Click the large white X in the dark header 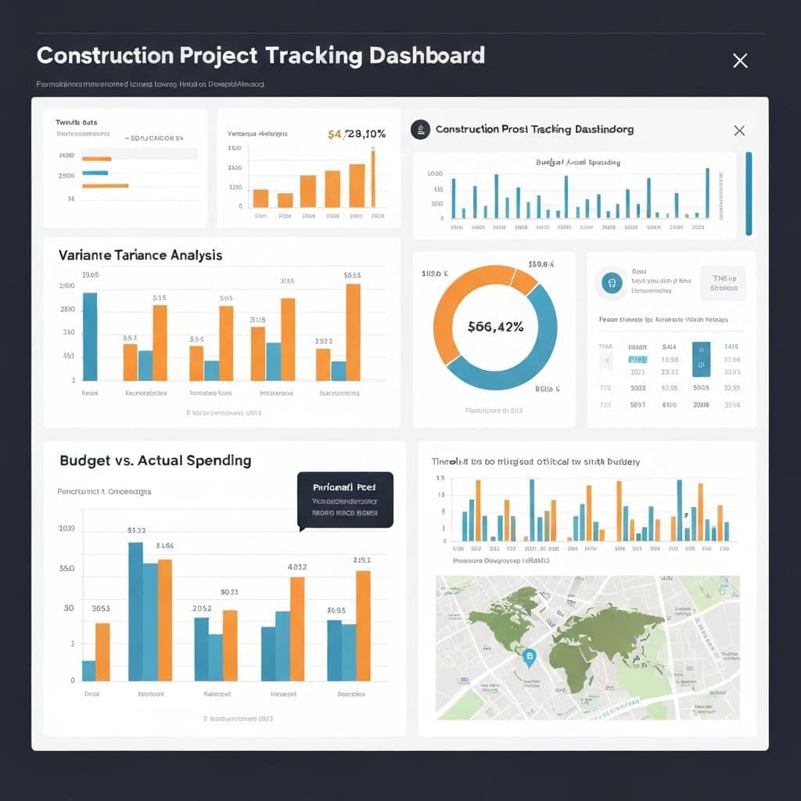click(x=740, y=60)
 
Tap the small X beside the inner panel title click(x=739, y=131)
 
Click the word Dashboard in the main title click(x=426, y=56)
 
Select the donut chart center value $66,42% click(x=494, y=327)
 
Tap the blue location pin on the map click(x=530, y=659)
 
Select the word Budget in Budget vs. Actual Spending click(x=84, y=461)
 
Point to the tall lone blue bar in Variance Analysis click(x=90, y=336)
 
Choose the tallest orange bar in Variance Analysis click(x=353, y=332)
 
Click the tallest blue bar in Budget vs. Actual click(x=135, y=611)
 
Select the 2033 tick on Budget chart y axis click(x=66, y=529)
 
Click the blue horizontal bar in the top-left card click(x=95, y=172)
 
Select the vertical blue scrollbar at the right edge click(x=749, y=193)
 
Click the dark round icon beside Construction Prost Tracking click(x=421, y=130)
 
